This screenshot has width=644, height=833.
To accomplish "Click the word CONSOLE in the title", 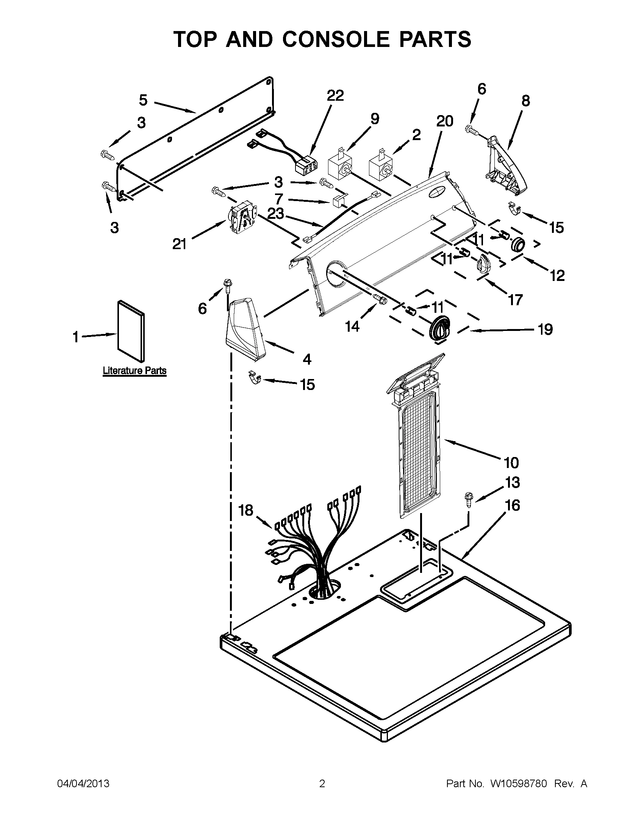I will pos(336,39).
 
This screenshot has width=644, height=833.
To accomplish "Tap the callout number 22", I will pos(335,95).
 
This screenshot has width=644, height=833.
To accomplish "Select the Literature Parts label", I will pos(134,370).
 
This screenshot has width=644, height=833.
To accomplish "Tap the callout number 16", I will pos(513,505).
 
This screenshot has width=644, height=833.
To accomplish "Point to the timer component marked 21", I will pos(243,218).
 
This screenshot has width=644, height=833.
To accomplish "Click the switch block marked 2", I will pos(380,165).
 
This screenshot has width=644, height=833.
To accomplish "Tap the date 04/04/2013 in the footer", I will pos(83,783).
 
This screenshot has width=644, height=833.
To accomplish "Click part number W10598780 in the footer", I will pos(519,783).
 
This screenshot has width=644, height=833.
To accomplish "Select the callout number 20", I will pos(444,121).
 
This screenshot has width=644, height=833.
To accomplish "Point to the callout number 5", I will pos(143,100).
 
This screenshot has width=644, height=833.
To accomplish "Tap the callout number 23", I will pos(275,214).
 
